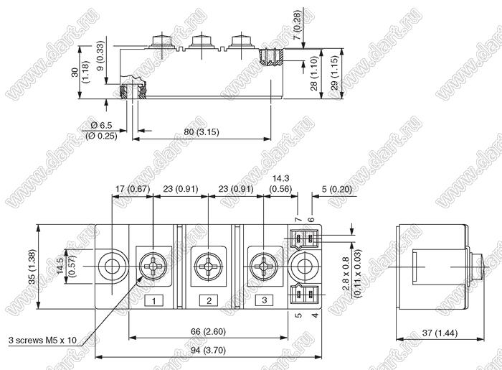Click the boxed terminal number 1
[x=153, y=301]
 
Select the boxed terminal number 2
[x=209, y=300]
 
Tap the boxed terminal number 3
[x=264, y=300]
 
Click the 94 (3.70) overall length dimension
[x=209, y=351]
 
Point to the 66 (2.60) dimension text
[x=208, y=331]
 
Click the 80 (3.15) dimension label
[x=202, y=132]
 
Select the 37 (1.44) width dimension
[x=440, y=333]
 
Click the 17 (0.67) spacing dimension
[x=133, y=189]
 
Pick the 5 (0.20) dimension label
[x=337, y=189]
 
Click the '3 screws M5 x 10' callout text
[x=42, y=340]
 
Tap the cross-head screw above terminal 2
[x=209, y=267]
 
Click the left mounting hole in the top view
[x=111, y=266]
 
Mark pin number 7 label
[x=298, y=219]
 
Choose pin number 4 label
[x=316, y=315]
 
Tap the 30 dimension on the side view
[x=75, y=73]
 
